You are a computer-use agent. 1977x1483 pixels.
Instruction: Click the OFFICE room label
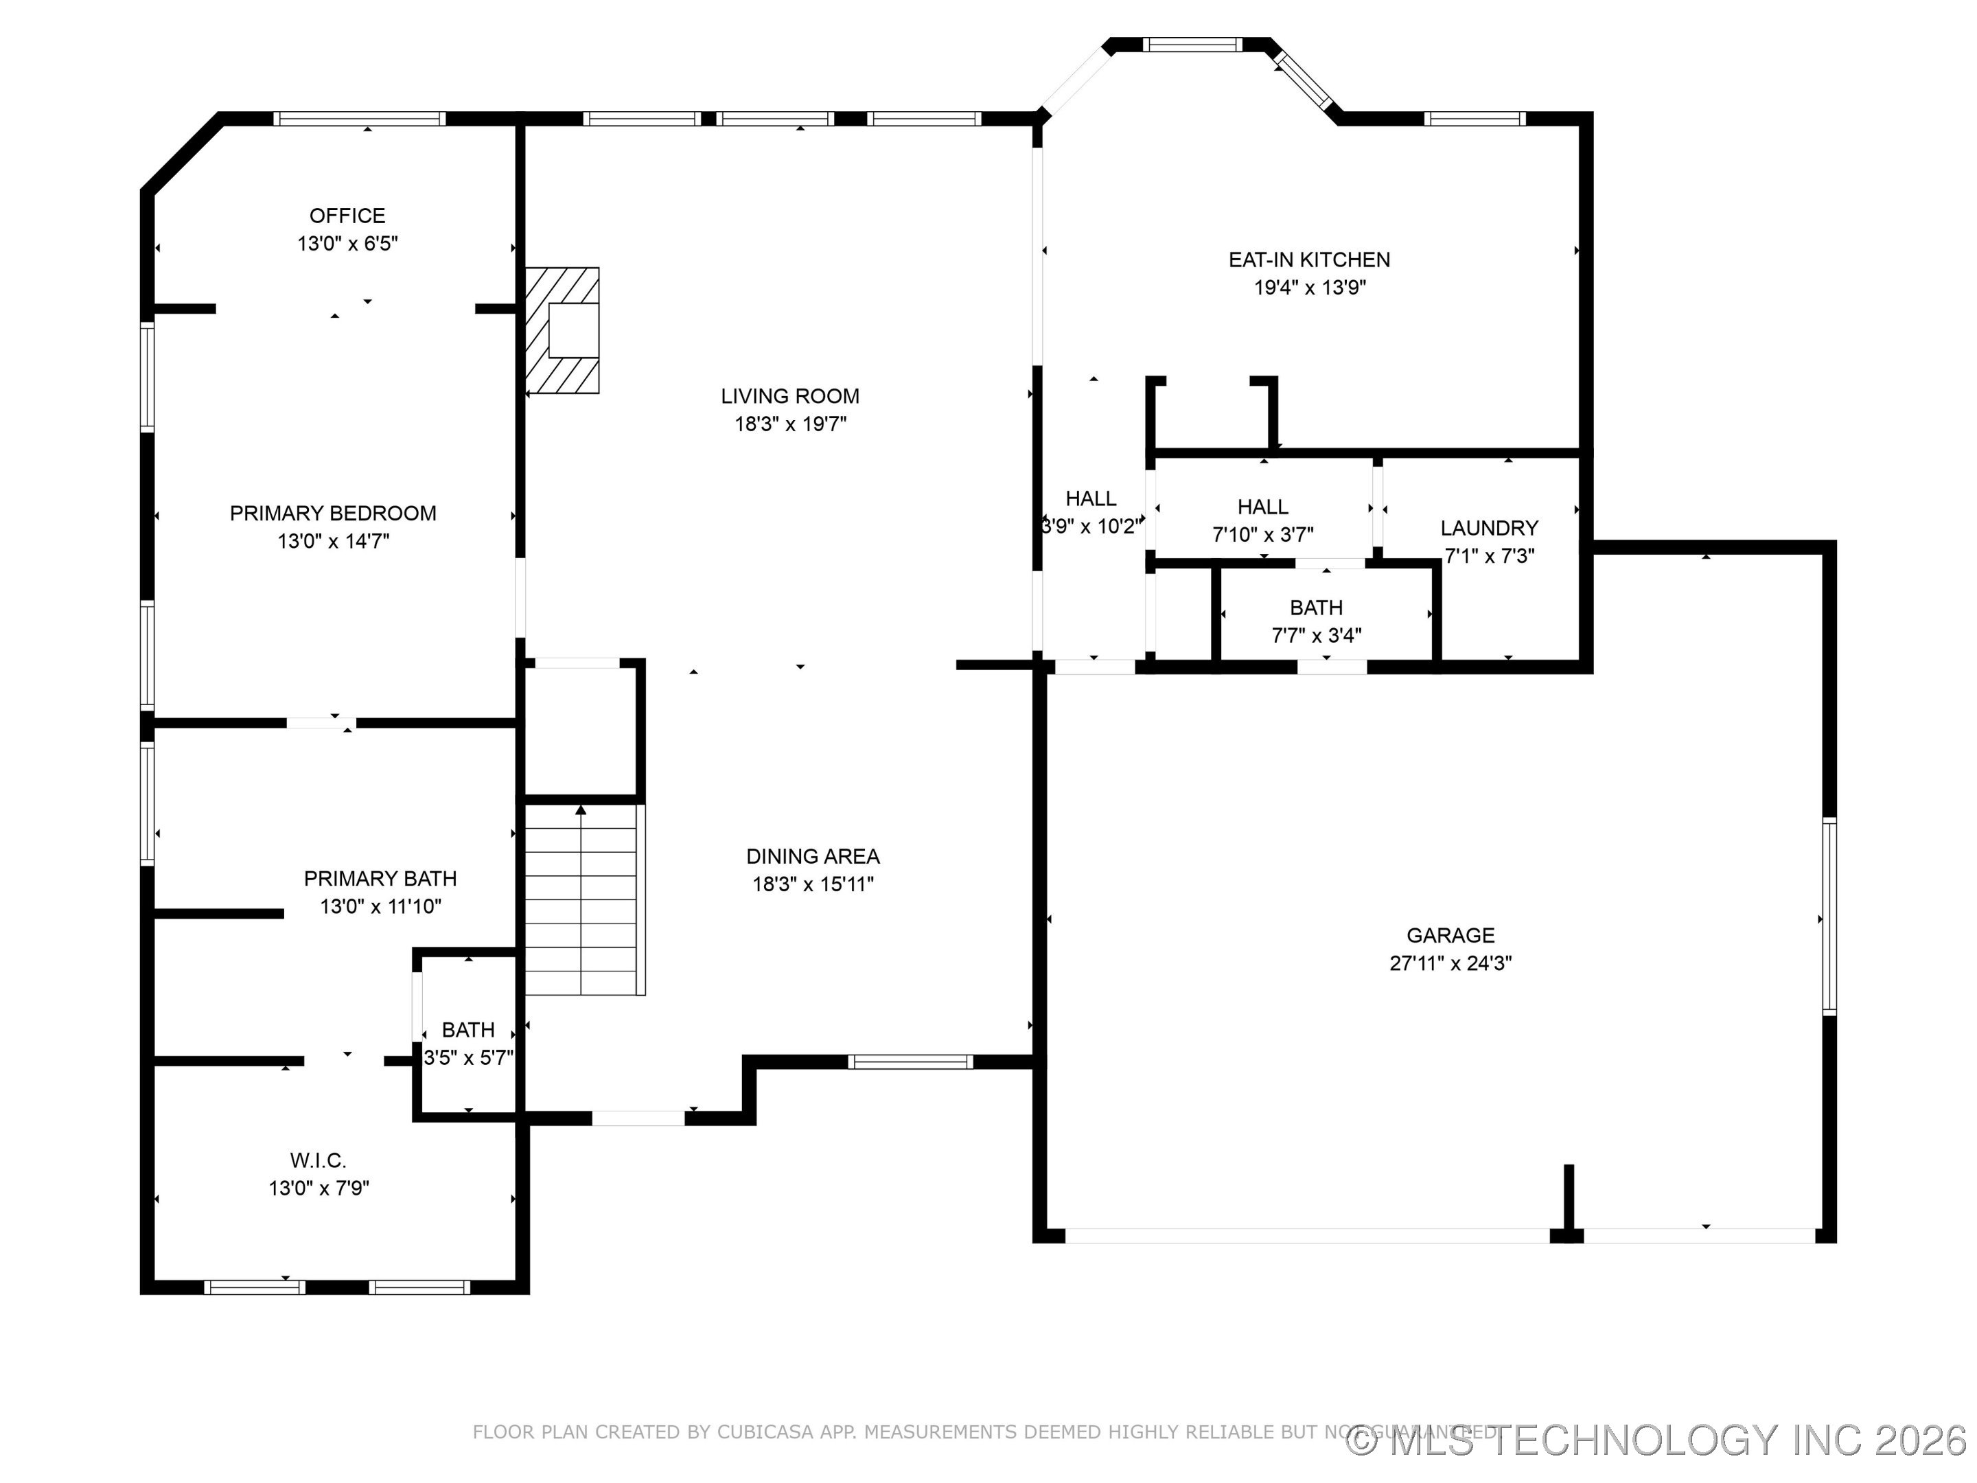pos(347,216)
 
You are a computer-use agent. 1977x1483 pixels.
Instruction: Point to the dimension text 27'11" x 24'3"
pos(1450,963)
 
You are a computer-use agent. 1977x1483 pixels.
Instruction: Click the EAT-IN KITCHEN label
pos(1308,260)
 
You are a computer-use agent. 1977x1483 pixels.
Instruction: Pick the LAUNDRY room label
pos(1489,528)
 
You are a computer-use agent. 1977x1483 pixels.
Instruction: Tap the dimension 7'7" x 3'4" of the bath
pos(1316,636)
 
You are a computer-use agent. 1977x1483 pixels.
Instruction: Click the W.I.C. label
pos(319,1160)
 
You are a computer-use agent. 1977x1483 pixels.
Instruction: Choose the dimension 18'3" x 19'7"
pos(790,424)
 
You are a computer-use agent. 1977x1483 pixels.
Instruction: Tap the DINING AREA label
pos(813,856)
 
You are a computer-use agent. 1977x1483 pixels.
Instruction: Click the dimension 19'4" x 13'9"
pos(1308,288)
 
